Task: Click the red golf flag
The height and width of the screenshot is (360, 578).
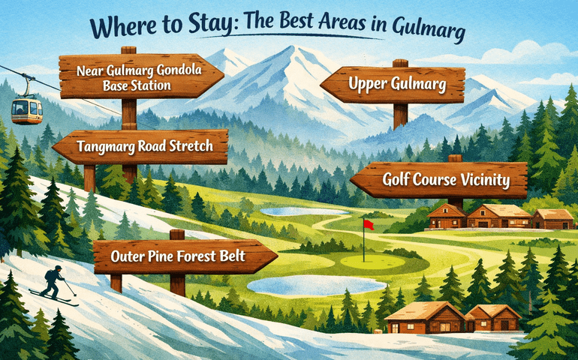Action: [x=368, y=225]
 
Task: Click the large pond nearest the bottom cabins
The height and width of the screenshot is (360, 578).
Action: [x=298, y=285]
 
